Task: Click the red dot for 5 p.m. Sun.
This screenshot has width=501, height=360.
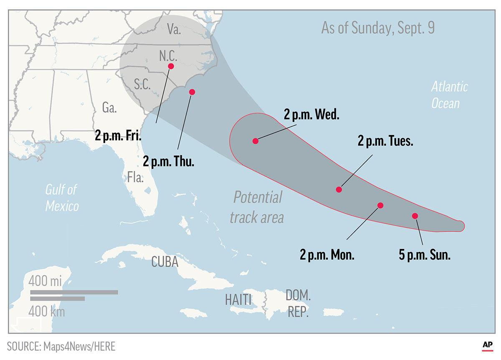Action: click(x=415, y=216)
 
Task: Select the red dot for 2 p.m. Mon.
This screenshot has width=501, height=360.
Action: click(x=380, y=205)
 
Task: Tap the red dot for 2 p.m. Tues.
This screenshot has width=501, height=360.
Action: click(x=339, y=189)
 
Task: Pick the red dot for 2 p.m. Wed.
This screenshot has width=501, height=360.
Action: click(x=256, y=141)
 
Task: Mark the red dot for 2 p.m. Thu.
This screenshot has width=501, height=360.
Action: click(x=192, y=92)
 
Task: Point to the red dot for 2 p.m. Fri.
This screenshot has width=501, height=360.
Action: click(x=171, y=66)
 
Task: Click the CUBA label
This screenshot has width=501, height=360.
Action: click(x=165, y=262)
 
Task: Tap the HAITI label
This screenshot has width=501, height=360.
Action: click(x=238, y=300)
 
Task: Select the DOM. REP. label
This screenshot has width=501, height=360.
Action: click(x=298, y=304)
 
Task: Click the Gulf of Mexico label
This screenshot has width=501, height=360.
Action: click(x=62, y=198)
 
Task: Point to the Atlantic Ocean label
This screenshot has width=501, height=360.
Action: click(x=449, y=95)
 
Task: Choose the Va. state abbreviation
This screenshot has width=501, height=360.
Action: click(x=174, y=30)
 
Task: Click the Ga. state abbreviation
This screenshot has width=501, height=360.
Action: click(x=109, y=108)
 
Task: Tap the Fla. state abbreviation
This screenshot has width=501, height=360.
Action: click(x=136, y=178)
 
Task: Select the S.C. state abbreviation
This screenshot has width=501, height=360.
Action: click(x=142, y=84)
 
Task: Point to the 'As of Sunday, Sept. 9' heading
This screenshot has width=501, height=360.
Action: click(x=378, y=28)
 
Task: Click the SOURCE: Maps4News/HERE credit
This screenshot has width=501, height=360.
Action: click(x=61, y=346)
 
